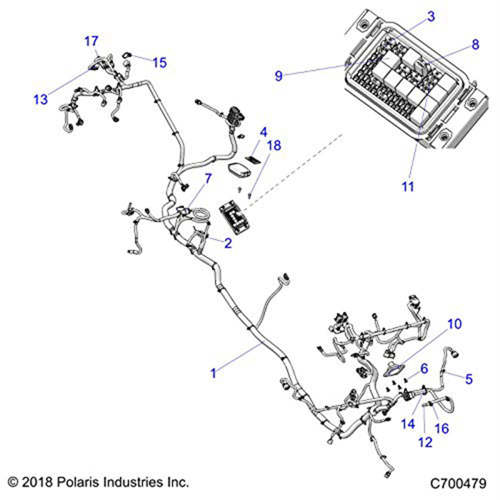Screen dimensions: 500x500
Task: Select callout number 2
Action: pyautogui.click(x=228, y=243)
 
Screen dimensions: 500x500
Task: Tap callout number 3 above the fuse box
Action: pyautogui.click(x=430, y=16)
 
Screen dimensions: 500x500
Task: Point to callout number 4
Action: pyautogui.click(x=263, y=133)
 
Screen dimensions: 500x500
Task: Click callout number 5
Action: pyautogui.click(x=468, y=378)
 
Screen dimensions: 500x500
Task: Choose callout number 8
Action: pyautogui.click(x=475, y=44)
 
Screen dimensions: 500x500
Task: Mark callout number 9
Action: pyautogui.click(x=279, y=76)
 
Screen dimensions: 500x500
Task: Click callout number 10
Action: pyautogui.click(x=454, y=324)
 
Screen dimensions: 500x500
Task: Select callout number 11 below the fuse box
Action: pyautogui.click(x=408, y=186)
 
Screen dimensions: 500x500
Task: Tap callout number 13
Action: pyautogui.click(x=40, y=99)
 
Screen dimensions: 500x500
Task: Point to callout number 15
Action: pyautogui.click(x=159, y=62)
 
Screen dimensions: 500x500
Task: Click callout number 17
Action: pyautogui.click(x=91, y=41)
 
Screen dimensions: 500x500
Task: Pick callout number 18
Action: pyautogui.click(x=273, y=145)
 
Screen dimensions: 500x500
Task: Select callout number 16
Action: pyautogui.click(x=441, y=428)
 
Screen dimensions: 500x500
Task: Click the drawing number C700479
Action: pyautogui.click(x=458, y=483)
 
